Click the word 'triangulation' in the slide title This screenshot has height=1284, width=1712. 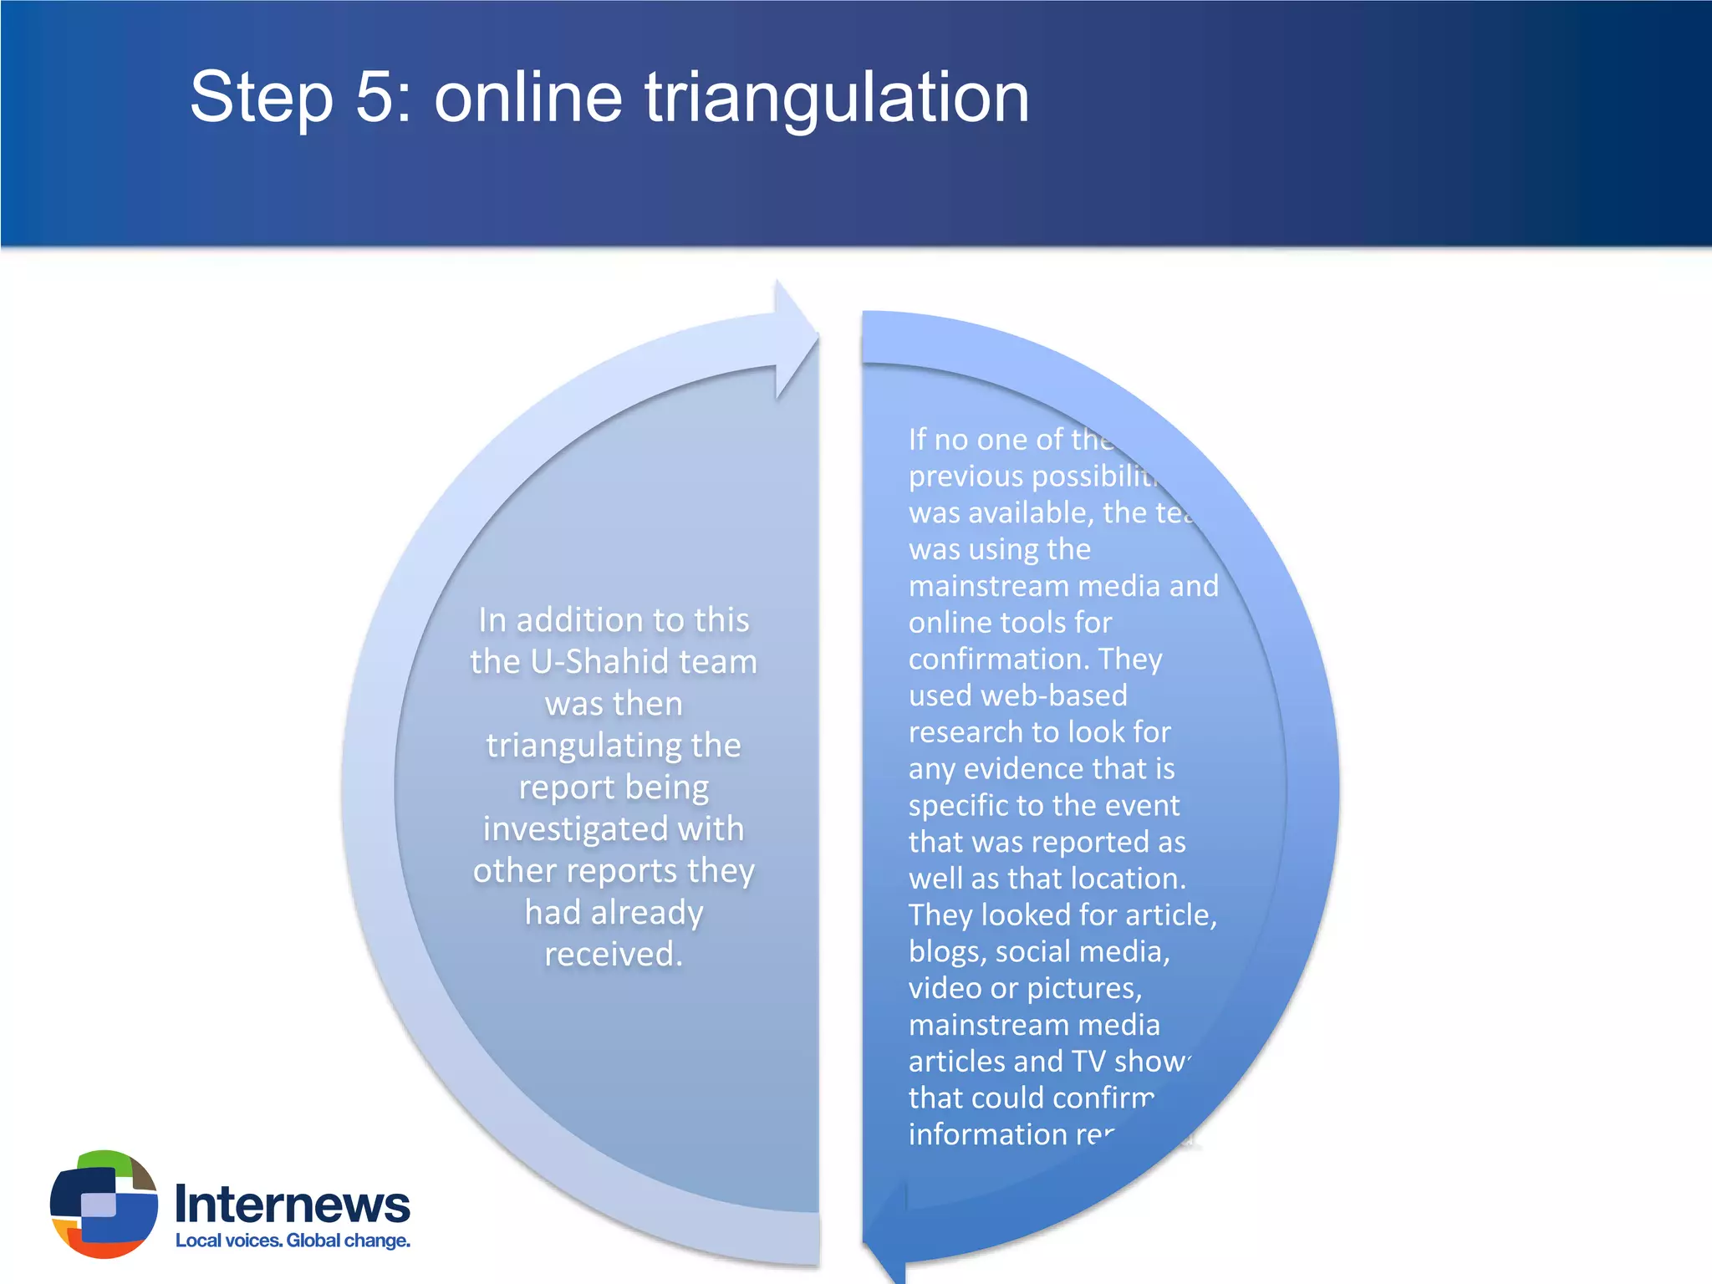click(836, 99)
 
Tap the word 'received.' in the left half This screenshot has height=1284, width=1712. click(614, 955)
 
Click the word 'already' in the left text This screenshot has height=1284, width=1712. click(647, 913)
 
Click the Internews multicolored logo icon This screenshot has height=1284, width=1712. click(104, 1204)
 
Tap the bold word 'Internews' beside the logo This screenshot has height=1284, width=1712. click(293, 1204)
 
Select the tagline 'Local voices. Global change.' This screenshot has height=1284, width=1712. click(293, 1241)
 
